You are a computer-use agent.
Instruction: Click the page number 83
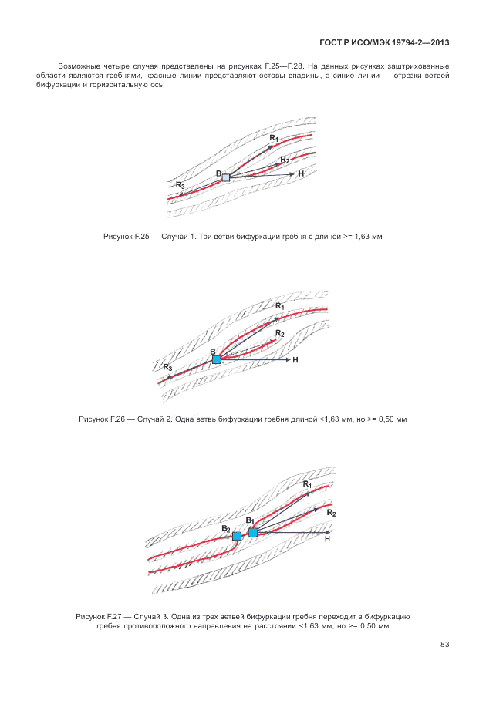point(444,645)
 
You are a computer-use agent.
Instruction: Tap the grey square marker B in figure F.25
point(226,177)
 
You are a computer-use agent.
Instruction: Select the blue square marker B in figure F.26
point(217,359)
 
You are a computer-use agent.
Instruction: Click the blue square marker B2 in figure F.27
point(237,536)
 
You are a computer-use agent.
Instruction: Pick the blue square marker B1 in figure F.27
point(253,533)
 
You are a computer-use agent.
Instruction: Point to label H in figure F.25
point(301,173)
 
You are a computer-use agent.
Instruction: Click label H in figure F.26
point(295,360)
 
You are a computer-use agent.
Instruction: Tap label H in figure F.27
point(327,539)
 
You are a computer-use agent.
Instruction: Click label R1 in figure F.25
point(274,139)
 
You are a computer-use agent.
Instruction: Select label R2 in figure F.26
point(280,334)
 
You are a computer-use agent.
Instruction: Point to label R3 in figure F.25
point(180,185)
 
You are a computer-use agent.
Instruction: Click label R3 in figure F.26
point(167,368)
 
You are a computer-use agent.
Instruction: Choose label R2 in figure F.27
point(332,514)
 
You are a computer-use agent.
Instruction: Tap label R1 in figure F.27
point(307,484)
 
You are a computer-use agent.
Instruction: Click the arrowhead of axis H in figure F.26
point(289,359)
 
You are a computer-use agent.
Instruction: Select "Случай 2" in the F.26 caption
point(154,419)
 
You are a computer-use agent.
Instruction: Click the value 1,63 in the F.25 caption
point(362,237)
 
